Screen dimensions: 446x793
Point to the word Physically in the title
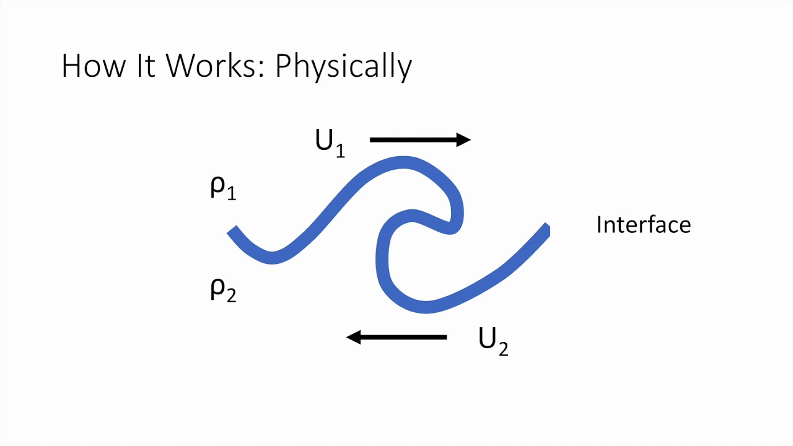pos(343,67)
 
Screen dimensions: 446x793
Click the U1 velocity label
pos(330,143)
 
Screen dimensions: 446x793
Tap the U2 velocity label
pos(493,341)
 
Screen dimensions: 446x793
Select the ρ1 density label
pos(223,188)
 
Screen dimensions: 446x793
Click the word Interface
pos(643,224)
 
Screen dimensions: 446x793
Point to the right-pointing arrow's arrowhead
pos(463,140)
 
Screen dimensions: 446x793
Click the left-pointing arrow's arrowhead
pos(353,337)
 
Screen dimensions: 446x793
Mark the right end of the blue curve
pos(546,229)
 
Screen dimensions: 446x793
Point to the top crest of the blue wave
pos(403,162)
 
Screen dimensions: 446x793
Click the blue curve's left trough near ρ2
pos(271,257)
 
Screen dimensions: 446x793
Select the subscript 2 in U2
pos(502,349)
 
